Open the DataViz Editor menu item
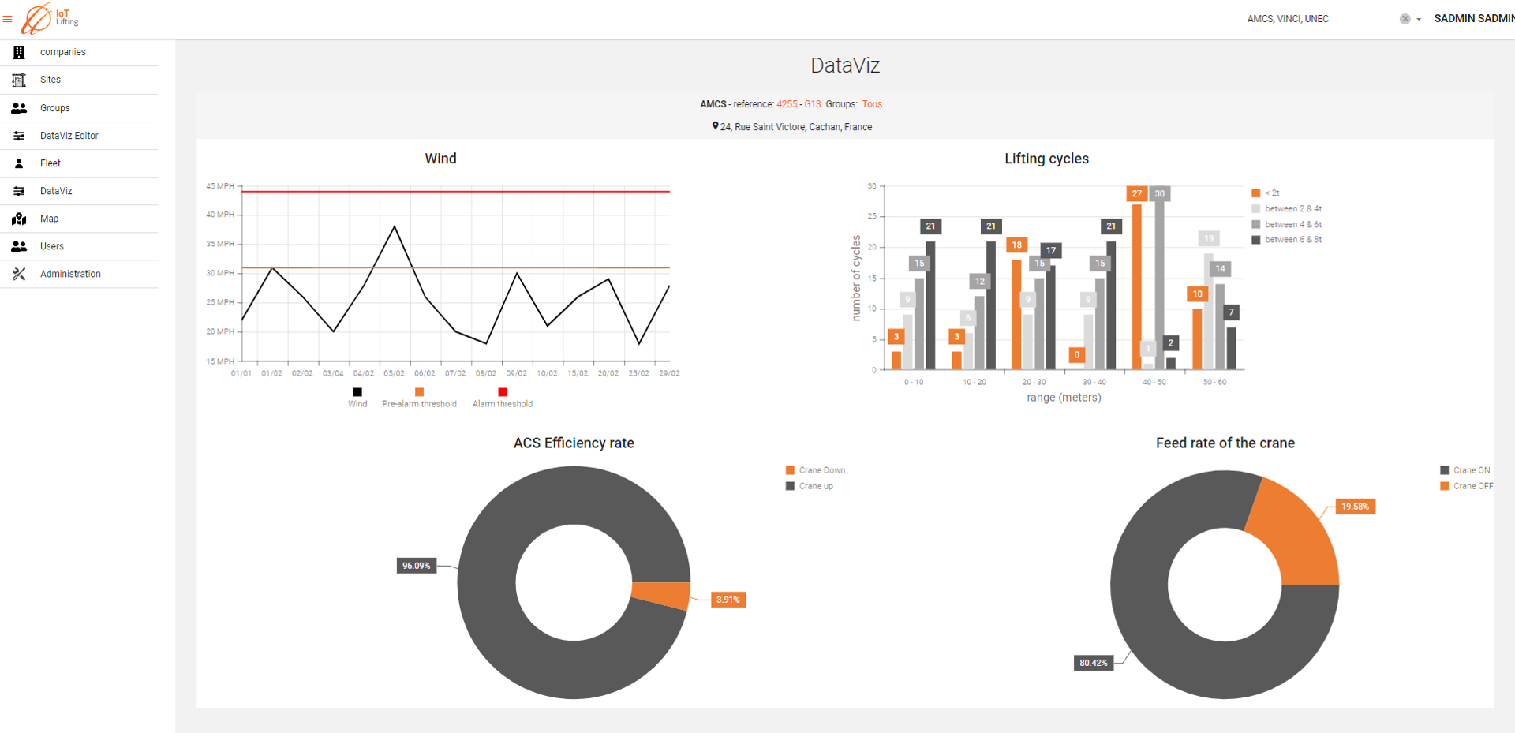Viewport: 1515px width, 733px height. tap(69, 136)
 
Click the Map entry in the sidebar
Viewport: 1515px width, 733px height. tap(49, 219)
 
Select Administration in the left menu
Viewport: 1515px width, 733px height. tap(70, 274)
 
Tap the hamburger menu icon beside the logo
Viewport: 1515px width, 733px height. tap(8, 19)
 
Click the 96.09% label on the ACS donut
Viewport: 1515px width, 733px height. tap(416, 566)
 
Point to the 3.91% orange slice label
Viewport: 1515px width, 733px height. tap(728, 600)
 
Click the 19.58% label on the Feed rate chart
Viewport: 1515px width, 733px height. tap(1355, 507)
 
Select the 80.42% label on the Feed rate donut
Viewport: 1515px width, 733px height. tap(1093, 663)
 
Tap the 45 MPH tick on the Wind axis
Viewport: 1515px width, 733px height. tap(220, 186)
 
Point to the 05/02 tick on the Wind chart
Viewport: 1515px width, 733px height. tap(394, 373)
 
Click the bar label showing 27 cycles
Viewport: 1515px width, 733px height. tap(1136, 193)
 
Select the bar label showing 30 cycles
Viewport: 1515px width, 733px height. tap(1159, 193)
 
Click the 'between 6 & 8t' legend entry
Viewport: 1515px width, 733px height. tap(1292, 240)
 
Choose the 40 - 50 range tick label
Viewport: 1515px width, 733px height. tap(1154, 382)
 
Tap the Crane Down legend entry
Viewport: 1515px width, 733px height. tap(821, 470)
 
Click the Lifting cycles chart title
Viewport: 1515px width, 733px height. tap(1046, 159)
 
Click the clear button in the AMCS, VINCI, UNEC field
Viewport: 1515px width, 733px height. tap(1405, 19)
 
